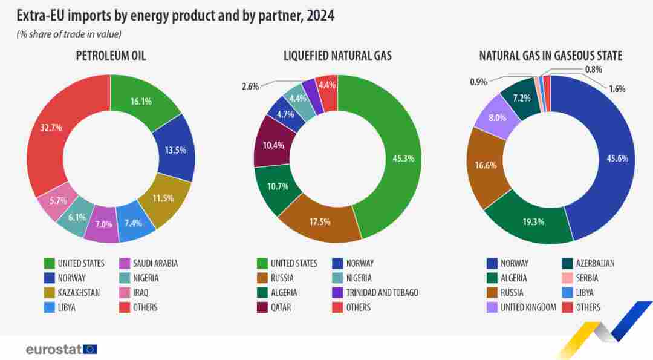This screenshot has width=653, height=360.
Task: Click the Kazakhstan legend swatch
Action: (51, 293)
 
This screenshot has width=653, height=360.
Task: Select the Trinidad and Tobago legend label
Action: (382, 293)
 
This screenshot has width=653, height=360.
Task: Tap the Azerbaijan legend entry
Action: (587, 263)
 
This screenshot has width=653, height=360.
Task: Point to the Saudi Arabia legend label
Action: (148, 263)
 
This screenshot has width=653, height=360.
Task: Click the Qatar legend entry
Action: (281, 307)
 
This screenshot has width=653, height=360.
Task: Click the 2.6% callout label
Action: (250, 87)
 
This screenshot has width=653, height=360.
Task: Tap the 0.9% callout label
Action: (478, 82)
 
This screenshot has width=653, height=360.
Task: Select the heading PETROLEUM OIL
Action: (111, 56)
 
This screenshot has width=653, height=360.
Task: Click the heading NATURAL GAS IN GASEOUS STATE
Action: (551, 56)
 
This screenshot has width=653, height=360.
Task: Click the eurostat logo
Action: (61, 349)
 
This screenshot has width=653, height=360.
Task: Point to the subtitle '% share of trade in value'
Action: (69, 34)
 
